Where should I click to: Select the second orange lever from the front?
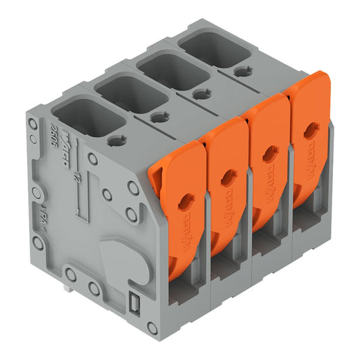click(x=224, y=179)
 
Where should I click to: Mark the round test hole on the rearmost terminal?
click(x=241, y=70)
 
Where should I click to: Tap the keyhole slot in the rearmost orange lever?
click(x=311, y=130)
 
